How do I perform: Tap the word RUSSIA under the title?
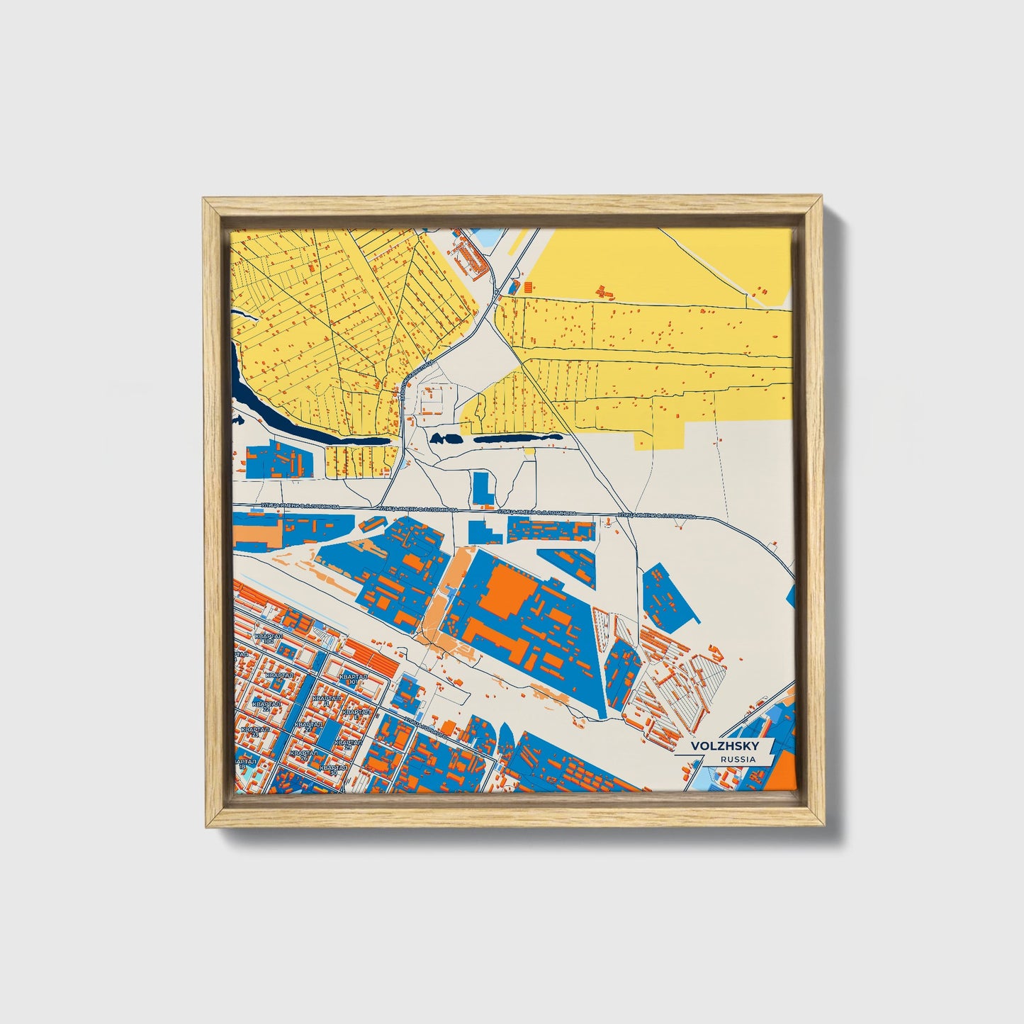(x=737, y=759)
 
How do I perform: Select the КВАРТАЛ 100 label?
(x=269, y=638)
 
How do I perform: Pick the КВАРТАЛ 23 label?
(x=254, y=731)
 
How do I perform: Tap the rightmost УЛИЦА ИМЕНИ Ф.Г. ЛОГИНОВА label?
(x=656, y=516)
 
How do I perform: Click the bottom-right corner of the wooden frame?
(x=823, y=827)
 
